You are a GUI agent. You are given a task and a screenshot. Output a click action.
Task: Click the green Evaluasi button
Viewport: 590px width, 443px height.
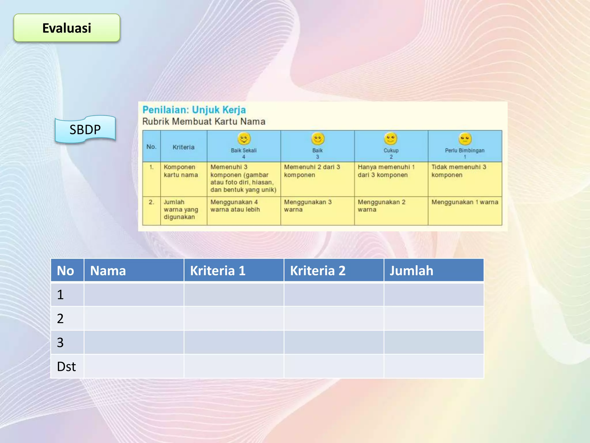click(x=67, y=28)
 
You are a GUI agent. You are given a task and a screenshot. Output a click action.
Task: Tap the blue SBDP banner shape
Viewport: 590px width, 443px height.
click(x=85, y=129)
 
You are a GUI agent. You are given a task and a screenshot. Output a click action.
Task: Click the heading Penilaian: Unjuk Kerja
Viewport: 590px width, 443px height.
click(x=194, y=110)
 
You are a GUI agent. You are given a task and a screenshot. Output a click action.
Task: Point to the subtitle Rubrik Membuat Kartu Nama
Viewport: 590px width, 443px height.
click(x=204, y=121)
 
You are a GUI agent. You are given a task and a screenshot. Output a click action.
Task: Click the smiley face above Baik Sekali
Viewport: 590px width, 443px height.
click(x=244, y=138)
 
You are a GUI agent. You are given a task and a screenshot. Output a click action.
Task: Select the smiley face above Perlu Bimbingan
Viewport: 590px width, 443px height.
click(x=465, y=139)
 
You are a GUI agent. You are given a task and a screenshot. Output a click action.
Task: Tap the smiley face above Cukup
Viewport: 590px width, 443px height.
click(x=391, y=138)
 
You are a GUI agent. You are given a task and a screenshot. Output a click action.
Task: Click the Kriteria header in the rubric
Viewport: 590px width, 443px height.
click(x=184, y=147)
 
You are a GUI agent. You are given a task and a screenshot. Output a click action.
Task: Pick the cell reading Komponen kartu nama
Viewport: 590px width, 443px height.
click(x=181, y=171)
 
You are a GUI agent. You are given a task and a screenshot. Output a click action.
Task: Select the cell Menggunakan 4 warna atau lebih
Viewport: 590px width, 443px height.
click(x=235, y=206)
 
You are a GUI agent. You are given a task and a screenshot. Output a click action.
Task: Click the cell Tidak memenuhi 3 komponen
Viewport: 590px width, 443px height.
click(x=459, y=171)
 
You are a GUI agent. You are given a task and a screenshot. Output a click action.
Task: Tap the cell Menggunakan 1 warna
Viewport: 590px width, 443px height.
click(x=465, y=202)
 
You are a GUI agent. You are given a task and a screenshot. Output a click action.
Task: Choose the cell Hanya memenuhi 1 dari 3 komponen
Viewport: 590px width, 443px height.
click(x=386, y=171)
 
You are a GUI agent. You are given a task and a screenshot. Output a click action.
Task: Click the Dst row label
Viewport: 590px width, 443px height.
click(x=67, y=367)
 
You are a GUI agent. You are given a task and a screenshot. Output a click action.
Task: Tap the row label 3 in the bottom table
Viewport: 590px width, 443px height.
click(x=60, y=343)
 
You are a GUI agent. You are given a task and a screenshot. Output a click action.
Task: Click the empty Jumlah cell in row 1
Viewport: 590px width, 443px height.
click(x=434, y=295)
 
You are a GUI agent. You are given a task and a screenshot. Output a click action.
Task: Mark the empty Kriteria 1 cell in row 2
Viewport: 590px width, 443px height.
click(x=234, y=319)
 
